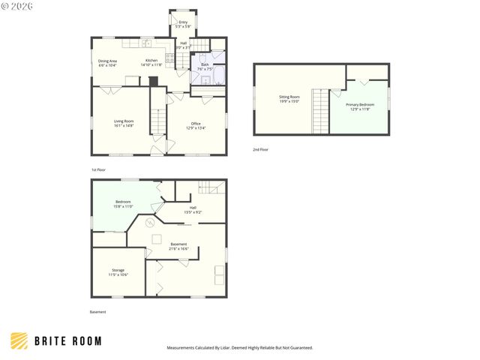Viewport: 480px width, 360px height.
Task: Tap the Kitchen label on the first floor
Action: (151, 62)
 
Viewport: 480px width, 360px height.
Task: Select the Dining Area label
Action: (107, 63)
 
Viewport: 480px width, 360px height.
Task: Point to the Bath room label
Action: (205, 67)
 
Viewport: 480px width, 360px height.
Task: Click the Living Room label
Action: (124, 124)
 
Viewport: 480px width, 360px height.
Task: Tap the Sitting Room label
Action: (289, 99)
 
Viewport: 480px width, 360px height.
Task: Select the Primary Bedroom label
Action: (359, 106)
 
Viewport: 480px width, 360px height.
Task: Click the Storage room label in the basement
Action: (118, 272)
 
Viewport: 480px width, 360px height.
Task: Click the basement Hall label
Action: (193, 210)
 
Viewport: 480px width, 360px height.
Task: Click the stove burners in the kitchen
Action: (170, 56)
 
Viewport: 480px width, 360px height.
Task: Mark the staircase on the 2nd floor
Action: (321, 111)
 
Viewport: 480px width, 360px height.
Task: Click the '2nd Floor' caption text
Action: (260, 150)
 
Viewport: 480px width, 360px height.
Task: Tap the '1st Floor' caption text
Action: (99, 170)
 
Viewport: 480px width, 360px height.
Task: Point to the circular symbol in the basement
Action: (149, 223)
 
